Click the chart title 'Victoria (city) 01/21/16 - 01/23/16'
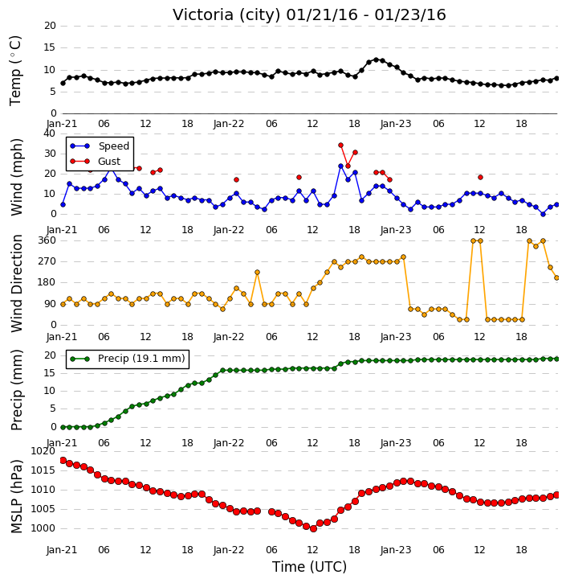309,14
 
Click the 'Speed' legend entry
113,146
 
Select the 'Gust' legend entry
109,162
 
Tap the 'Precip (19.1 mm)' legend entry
141,359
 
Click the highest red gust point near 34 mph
340,146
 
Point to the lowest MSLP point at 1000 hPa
313,528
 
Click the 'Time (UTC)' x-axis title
309,567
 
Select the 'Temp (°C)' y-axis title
15,71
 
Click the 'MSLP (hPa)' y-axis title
16,496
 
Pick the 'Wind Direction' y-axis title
17,283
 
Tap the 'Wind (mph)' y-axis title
17,177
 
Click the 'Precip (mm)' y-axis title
16,390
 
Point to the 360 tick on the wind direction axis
47,240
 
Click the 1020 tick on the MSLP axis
43,451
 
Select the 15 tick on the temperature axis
50,47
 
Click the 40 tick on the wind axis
49,133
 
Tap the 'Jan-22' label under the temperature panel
229,124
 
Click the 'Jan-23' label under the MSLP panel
396,549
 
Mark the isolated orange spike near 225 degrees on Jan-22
257,273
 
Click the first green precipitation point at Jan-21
63,427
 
